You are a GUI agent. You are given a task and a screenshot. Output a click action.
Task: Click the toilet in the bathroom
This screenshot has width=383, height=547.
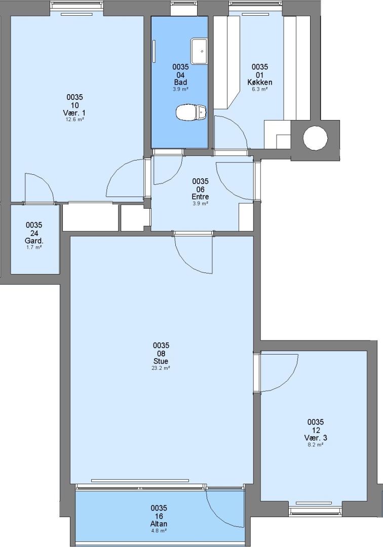pyautogui.click(x=191, y=112)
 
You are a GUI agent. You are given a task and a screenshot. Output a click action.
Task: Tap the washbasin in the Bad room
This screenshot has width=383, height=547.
pyautogui.click(x=199, y=51)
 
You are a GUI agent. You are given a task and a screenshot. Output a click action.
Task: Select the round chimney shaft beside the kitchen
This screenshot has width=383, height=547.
pyautogui.click(x=315, y=138)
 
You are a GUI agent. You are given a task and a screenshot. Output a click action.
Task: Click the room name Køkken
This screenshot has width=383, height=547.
pyautogui.click(x=260, y=83)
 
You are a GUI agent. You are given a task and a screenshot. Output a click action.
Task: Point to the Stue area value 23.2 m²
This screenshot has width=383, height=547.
pyautogui.click(x=161, y=368)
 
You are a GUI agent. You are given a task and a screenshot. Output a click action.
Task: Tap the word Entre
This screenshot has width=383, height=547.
pyautogui.click(x=200, y=197)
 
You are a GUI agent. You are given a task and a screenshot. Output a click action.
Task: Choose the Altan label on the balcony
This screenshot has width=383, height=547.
pyautogui.click(x=159, y=524)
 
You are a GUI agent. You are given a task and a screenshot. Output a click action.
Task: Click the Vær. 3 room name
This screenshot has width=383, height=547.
pyautogui.click(x=315, y=438)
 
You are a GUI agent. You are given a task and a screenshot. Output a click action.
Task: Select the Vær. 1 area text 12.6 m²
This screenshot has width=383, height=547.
pyautogui.click(x=74, y=120)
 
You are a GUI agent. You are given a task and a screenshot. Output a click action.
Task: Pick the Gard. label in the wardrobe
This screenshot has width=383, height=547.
pyautogui.click(x=34, y=241)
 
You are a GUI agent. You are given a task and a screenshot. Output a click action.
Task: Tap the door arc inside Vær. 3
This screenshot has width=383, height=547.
pyautogui.click(x=288, y=380)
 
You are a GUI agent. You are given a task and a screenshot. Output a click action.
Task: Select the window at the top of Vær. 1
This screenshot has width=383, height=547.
pyautogui.click(x=76, y=6)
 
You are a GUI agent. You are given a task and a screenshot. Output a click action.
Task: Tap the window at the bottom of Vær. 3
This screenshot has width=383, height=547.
pyautogui.click(x=315, y=512)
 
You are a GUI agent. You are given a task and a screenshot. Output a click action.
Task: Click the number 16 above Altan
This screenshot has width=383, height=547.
pyautogui.click(x=159, y=516)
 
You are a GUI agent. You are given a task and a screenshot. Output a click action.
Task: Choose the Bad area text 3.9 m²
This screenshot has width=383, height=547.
pyautogui.click(x=180, y=89)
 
